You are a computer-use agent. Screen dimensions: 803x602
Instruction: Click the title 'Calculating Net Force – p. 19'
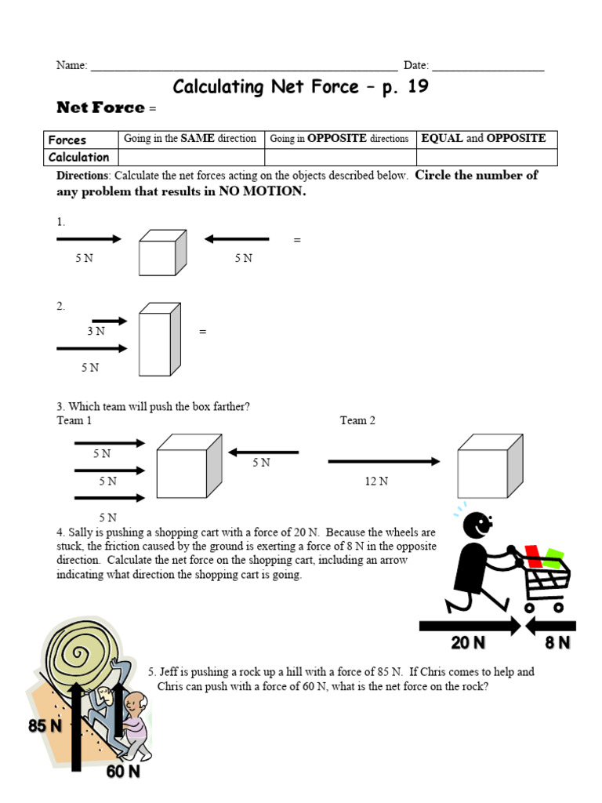[300, 86]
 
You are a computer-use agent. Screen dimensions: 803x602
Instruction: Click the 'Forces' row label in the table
[67, 140]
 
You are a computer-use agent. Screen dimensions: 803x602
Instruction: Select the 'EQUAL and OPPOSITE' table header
[484, 139]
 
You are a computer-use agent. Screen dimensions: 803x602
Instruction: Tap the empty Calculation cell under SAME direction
[190, 157]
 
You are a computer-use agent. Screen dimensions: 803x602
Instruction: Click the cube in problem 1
[161, 253]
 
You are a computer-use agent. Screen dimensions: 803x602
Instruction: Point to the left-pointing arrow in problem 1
[237, 239]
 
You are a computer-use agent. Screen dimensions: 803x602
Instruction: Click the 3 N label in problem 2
[96, 332]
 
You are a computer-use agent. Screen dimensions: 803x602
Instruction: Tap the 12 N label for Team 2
[376, 481]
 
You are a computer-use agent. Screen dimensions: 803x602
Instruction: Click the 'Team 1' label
[74, 421]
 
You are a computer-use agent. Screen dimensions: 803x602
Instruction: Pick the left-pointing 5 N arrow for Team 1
[263, 452]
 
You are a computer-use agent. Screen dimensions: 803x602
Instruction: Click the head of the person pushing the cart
[476, 524]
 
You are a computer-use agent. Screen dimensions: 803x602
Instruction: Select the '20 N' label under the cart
[468, 644]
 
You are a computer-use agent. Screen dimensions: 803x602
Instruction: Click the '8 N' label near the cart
[557, 644]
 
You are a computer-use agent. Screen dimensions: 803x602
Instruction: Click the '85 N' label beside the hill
[45, 726]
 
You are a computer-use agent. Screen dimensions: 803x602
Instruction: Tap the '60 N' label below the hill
[123, 772]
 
